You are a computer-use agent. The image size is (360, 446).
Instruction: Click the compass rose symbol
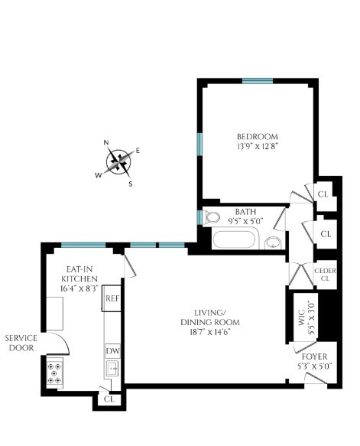tap(118, 161)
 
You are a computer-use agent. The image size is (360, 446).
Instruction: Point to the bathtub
tap(236, 240)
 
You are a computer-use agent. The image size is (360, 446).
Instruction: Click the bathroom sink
tap(273, 243)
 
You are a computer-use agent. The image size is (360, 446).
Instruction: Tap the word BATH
tap(246, 212)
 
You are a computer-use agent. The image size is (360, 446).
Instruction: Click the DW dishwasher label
tap(112, 350)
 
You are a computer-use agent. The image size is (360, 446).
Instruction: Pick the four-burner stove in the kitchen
tap(56, 373)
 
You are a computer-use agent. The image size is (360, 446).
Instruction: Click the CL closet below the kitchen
tap(109, 399)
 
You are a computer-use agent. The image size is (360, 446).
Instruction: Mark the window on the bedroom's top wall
tap(258, 81)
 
